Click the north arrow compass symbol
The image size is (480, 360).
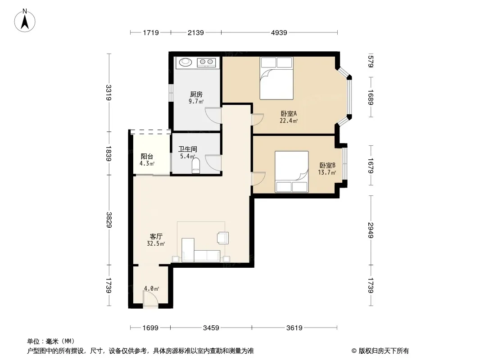[x=25, y=21]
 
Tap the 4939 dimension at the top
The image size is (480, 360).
[x=279, y=32]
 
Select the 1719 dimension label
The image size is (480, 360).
[x=150, y=32]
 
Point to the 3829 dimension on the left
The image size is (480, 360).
[x=109, y=220]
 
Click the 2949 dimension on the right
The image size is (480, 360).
[x=371, y=230]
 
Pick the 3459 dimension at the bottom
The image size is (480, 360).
[x=211, y=328]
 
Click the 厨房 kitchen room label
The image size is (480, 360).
[x=196, y=94]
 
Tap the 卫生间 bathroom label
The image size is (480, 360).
[x=188, y=149]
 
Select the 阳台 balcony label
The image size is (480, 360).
[x=147, y=156]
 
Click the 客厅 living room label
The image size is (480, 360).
[x=156, y=236]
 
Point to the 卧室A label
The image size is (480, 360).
[x=289, y=113]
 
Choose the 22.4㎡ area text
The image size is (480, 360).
[x=289, y=121]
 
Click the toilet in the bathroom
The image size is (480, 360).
[x=195, y=166]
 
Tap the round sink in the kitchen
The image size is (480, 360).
[x=185, y=62]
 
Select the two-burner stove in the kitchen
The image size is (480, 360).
[x=206, y=63]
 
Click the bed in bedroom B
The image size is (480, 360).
[x=291, y=171]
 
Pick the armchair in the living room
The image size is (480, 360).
[x=222, y=238]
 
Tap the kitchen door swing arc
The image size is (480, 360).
[x=213, y=115]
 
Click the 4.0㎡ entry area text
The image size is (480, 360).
[x=152, y=288]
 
